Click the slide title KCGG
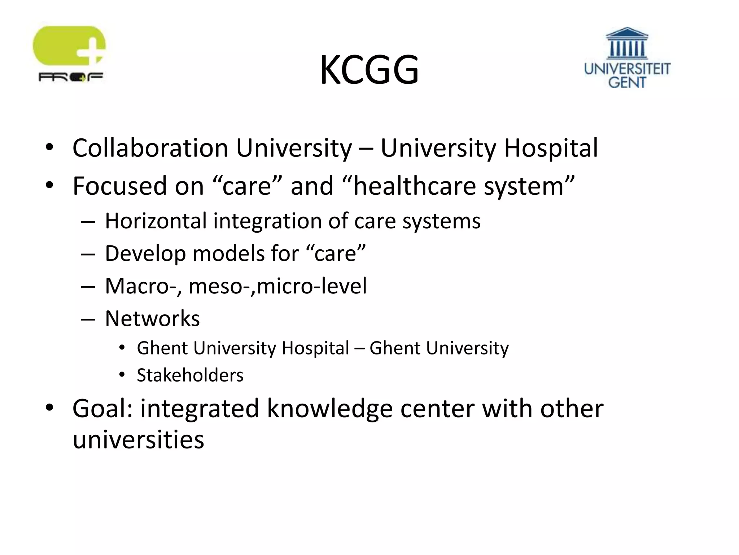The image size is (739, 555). coord(369,70)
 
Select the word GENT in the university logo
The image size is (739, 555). coord(627,82)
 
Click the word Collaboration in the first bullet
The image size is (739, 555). coord(150,148)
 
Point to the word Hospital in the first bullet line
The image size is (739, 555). coord(551,149)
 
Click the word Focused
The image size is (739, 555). coord(119,186)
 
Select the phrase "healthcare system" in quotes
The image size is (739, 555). coord(458,186)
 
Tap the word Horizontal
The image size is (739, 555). coord(156,221)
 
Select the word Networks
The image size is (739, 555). coord(152,319)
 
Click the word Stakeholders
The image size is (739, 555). coord(190,375)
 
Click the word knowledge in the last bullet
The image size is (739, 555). coord(329,409)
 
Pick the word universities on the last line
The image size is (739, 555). coord(138,440)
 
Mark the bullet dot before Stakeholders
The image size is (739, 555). coord(122,375)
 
